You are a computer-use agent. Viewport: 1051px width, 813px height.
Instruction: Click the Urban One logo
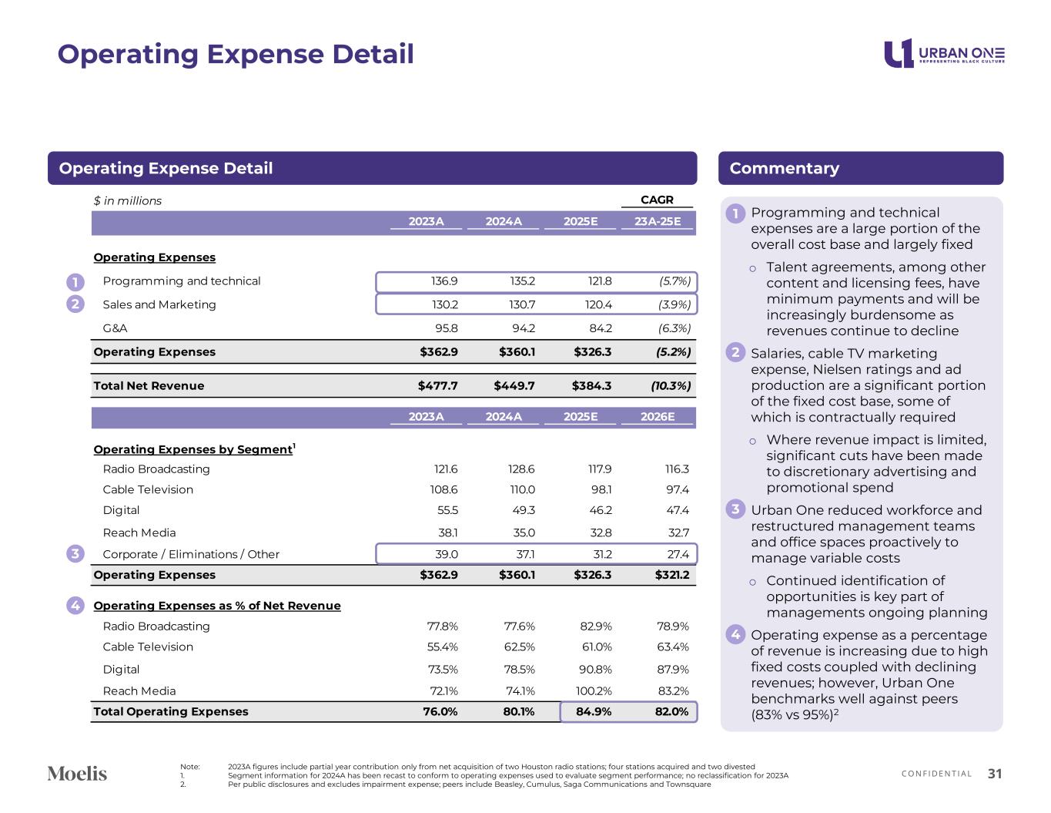point(944,53)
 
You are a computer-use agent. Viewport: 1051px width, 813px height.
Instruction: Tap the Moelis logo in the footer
point(77,773)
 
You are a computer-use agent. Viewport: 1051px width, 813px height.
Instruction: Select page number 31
point(995,774)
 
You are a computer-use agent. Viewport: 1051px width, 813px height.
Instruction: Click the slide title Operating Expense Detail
point(236,54)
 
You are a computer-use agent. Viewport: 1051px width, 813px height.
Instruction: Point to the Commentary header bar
point(860,168)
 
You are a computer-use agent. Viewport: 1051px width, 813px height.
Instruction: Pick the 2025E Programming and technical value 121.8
point(599,281)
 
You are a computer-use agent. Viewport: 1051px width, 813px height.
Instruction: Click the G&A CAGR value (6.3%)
point(674,328)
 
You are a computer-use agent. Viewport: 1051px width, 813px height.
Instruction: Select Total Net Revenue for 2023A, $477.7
point(438,385)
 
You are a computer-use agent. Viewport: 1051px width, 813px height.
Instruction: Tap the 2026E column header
point(658,417)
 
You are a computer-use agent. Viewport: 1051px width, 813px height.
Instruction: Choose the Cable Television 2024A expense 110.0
point(521,489)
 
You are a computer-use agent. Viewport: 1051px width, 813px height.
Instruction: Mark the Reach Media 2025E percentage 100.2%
point(594,691)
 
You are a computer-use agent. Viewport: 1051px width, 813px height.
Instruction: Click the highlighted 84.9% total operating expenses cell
point(594,711)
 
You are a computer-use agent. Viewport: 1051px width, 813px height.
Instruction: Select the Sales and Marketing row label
point(159,304)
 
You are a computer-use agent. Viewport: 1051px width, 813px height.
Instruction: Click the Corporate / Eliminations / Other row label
point(191,554)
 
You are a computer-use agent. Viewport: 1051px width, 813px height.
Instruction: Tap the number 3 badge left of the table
point(75,554)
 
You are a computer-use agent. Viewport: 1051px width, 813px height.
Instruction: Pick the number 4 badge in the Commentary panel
point(735,635)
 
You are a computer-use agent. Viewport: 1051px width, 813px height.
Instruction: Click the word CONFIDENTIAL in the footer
point(936,774)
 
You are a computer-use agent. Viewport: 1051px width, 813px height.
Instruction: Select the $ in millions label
point(128,201)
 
